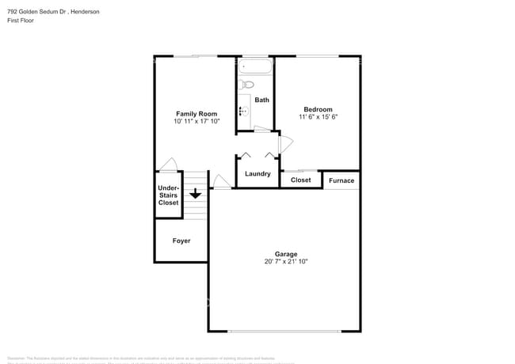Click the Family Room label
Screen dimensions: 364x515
coord(196,114)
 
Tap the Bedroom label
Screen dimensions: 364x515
coord(318,109)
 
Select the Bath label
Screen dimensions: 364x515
coord(261,100)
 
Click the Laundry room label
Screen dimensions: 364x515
coord(257,173)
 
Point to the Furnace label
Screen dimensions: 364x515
coord(341,180)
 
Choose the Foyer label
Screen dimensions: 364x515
coord(181,241)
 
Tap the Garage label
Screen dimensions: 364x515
coord(286,254)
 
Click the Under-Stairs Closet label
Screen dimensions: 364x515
coord(168,195)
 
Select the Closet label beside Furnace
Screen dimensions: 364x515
coord(301,180)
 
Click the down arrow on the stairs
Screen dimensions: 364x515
coord(195,193)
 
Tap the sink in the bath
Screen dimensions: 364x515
coord(243,112)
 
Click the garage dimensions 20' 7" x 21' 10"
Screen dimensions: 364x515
coord(286,261)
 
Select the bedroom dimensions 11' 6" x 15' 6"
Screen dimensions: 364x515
coord(318,117)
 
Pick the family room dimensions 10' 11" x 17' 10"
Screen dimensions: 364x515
coord(196,122)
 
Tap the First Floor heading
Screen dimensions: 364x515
coord(18,21)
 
